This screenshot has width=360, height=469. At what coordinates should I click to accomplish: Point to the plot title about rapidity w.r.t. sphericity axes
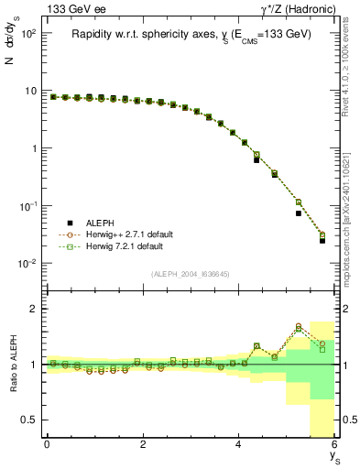point(191,34)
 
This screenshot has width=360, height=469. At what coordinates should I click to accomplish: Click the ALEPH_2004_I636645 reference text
point(191,275)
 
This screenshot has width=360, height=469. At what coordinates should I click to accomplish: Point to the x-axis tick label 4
point(239,444)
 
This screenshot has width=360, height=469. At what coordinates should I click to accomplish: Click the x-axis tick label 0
point(47,444)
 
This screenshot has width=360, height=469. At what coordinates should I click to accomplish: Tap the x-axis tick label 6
point(334,444)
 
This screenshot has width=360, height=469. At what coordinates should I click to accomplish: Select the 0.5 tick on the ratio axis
point(30,420)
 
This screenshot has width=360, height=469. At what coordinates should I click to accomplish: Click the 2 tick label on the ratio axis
point(34,309)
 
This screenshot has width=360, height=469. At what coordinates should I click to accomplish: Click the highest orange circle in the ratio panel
point(299,325)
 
